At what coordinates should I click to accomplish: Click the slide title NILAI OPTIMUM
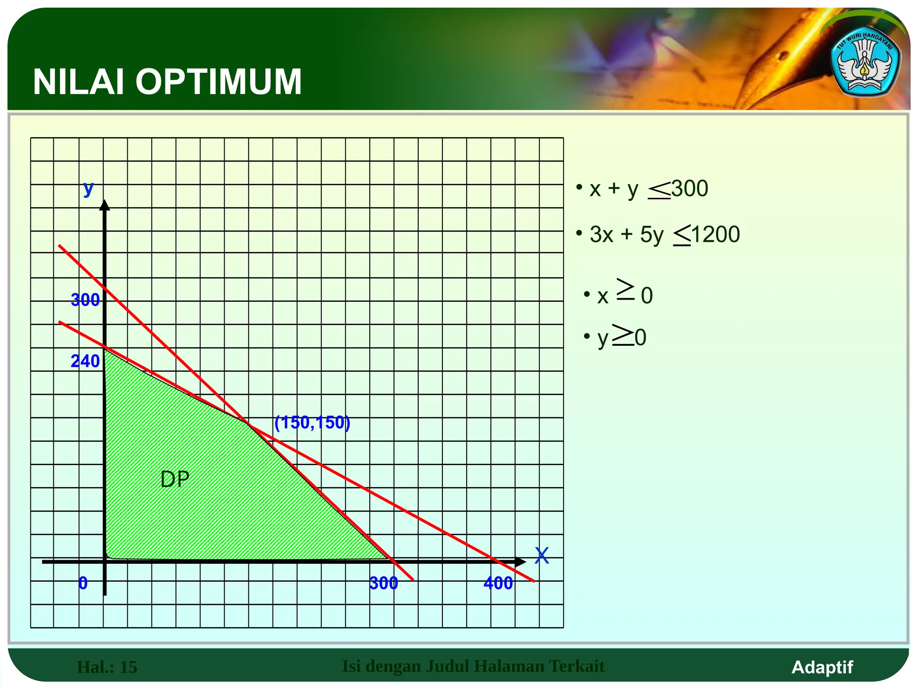[x=167, y=82]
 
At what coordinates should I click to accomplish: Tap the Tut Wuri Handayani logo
[x=865, y=64]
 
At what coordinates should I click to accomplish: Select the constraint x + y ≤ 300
[x=648, y=189]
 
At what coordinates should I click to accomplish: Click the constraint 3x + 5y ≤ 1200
[x=664, y=235]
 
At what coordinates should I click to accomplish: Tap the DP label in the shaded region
[x=175, y=479]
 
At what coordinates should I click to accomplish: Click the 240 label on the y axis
[x=85, y=361]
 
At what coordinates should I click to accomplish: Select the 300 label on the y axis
[x=85, y=300]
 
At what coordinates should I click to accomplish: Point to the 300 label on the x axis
[x=384, y=583]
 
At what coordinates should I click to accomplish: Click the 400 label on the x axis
[x=498, y=583]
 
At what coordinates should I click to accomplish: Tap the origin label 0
[x=83, y=583]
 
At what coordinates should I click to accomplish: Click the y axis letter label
[x=88, y=188]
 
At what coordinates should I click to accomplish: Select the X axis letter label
[x=541, y=556]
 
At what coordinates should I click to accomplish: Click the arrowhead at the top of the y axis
[x=104, y=205]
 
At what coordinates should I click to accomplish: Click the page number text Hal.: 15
[x=107, y=667]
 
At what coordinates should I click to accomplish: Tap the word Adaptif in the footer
[x=822, y=667]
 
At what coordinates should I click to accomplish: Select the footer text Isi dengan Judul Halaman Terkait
[x=473, y=666]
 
